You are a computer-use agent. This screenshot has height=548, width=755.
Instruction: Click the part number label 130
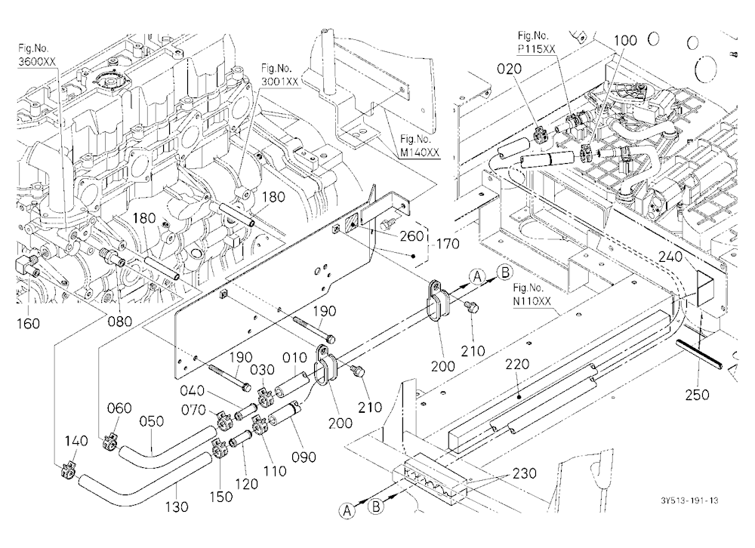point(177,506)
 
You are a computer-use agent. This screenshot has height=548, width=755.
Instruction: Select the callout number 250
point(697,395)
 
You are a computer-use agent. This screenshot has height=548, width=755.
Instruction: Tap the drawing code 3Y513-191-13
point(689,500)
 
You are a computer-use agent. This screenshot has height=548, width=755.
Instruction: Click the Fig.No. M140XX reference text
point(420,146)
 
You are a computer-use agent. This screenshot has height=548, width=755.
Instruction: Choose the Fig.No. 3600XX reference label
point(37,55)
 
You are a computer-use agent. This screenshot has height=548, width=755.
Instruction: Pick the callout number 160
point(28,324)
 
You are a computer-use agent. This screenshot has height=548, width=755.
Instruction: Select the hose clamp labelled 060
point(109,442)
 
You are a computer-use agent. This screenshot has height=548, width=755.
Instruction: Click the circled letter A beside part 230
point(347,510)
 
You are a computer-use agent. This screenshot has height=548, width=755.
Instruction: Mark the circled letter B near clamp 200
point(505,272)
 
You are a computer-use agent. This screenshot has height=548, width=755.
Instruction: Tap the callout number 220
point(517,364)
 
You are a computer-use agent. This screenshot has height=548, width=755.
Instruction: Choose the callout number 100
point(625,41)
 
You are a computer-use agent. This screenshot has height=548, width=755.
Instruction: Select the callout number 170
point(448,244)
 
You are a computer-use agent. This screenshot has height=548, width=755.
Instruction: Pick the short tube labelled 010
point(291,383)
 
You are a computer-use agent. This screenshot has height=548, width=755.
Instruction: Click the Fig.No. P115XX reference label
point(537,42)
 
